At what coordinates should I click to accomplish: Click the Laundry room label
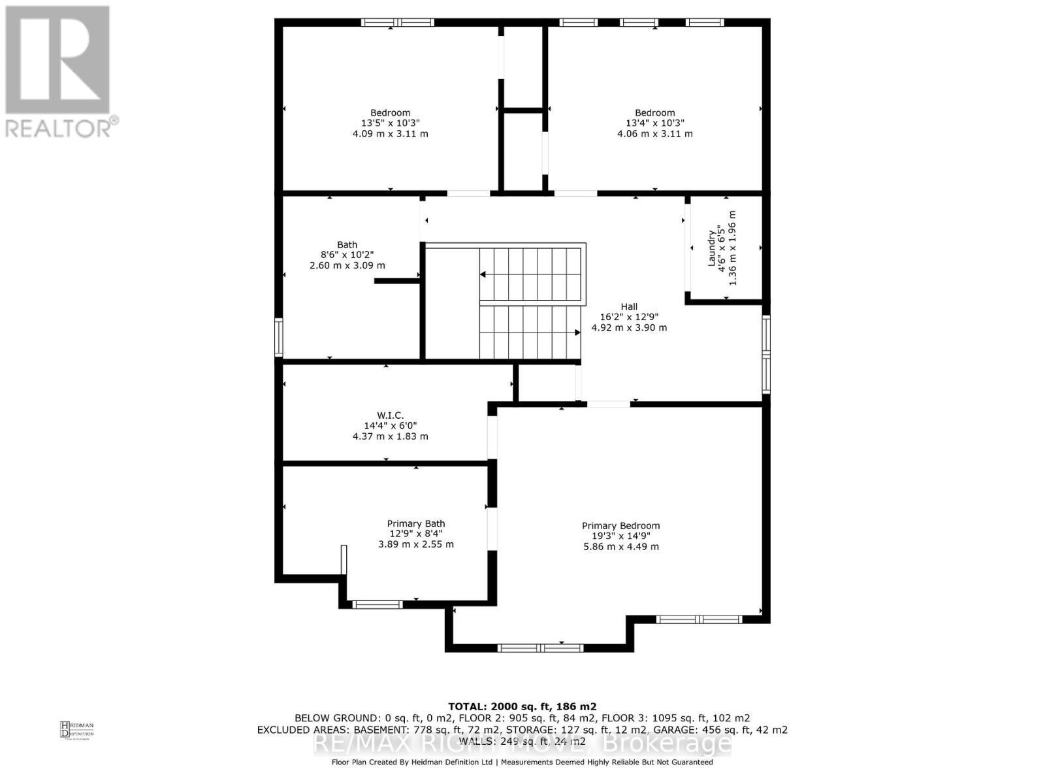[711, 248]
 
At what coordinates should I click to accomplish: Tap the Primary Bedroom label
[620, 525]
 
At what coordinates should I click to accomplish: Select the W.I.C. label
[390, 415]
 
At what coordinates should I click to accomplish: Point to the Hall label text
[629, 306]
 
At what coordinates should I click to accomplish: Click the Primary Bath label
[416, 523]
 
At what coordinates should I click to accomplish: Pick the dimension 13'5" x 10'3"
[390, 123]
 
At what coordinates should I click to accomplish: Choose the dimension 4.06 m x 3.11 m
[654, 134]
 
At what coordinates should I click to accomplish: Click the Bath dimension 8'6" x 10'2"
[347, 255]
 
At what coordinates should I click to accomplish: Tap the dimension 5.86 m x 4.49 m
[620, 547]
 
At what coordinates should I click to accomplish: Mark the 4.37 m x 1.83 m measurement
[390, 436]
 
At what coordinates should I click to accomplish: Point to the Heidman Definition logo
[76, 729]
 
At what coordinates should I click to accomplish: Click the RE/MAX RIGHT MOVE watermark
[522, 743]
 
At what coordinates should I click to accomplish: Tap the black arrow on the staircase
[577, 333]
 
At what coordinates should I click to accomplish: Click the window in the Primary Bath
[378, 604]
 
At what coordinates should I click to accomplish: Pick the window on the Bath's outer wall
[279, 337]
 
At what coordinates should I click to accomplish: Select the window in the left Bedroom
[398, 22]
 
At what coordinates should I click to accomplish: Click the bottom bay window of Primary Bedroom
[540, 648]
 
